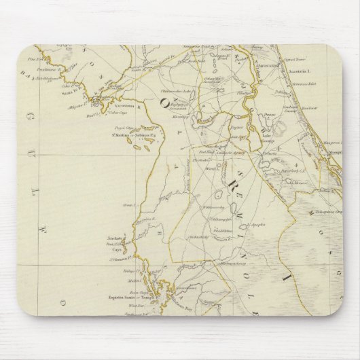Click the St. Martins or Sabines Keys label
tap(125, 136)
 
